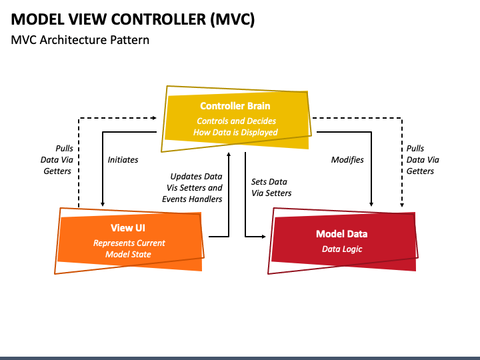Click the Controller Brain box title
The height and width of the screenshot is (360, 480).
[235, 106]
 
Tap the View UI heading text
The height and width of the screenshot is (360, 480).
[128, 228]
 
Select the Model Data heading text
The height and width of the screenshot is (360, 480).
[341, 234]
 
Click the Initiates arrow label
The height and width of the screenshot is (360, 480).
[123, 160]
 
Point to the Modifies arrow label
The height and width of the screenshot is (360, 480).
[347, 160]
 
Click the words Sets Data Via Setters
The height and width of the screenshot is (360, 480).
[271, 187]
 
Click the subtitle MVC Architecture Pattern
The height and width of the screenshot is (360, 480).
[80, 40]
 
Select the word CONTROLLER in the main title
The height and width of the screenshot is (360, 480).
[159, 19]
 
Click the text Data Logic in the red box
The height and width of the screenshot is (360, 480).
[342, 249]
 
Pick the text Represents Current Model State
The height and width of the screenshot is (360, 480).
[129, 249]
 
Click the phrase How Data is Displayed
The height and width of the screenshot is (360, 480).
[235, 132]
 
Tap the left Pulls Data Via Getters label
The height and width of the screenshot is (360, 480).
[57, 160]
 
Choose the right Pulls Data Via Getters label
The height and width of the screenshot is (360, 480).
[423, 160]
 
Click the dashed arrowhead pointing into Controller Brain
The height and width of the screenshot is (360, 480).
[155, 118]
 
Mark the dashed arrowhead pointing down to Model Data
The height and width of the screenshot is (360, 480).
[402, 205]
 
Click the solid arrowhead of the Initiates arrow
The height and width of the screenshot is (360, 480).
[103, 204]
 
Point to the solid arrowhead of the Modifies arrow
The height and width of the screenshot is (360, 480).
[371, 204]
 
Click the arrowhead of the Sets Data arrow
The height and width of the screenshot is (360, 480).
[264, 237]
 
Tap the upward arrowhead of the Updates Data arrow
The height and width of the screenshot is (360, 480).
[229, 154]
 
